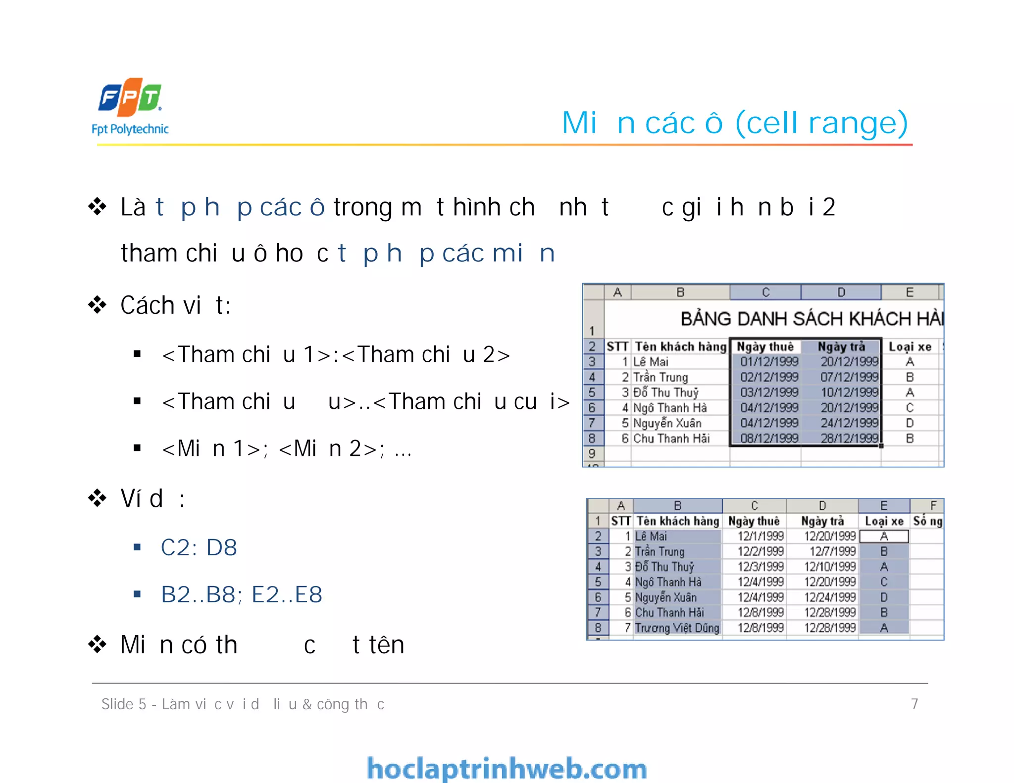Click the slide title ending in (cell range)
click(x=735, y=123)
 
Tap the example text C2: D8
click(x=199, y=547)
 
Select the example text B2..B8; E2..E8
click(x=242, y=594)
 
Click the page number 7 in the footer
click(x=914, y=704)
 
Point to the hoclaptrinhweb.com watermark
click(x=507, y=769)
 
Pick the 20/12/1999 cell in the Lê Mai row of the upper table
click(x=849, y=362)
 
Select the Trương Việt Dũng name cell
click(x=677, y=628)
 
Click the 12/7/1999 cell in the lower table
click(x=832, y=551)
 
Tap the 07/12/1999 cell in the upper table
click(x=849, y=377)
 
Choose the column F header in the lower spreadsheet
click(x=933, y=505)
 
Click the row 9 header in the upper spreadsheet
click(x=592, y=453)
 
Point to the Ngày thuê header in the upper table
click(x=765, y=346)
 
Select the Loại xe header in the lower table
click(x=884, y=521)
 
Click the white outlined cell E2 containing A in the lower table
click(x=884, y=536)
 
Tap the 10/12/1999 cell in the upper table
click(x=849, y=392)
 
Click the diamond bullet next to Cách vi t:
click(x=98, y=305)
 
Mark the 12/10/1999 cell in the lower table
click(x=830, y=567)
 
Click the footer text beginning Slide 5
click(x=243, y=704)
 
